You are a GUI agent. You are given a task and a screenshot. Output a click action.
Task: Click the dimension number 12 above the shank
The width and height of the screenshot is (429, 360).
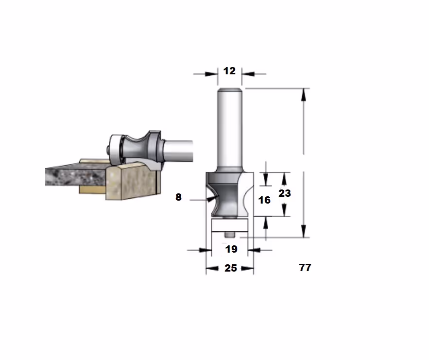[229, 71]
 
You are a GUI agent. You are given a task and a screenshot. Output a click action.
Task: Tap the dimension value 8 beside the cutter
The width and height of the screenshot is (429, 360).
[178, 197]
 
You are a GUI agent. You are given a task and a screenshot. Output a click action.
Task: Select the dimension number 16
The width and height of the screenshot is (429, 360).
[264, 200]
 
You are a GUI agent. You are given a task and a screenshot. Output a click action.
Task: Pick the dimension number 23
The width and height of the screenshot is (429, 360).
[285, 193]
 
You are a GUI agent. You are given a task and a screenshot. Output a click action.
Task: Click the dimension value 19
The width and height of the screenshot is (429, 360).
[231, 249]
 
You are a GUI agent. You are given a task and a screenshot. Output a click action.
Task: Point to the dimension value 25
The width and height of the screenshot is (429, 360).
[231, 268]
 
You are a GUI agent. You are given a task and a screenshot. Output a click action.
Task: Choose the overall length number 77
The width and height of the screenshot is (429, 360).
[305, 268]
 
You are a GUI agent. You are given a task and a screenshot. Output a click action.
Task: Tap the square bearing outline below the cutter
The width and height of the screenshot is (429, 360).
[230, 225]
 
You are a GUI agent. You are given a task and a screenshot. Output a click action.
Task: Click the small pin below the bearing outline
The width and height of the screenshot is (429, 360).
[229, 235]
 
